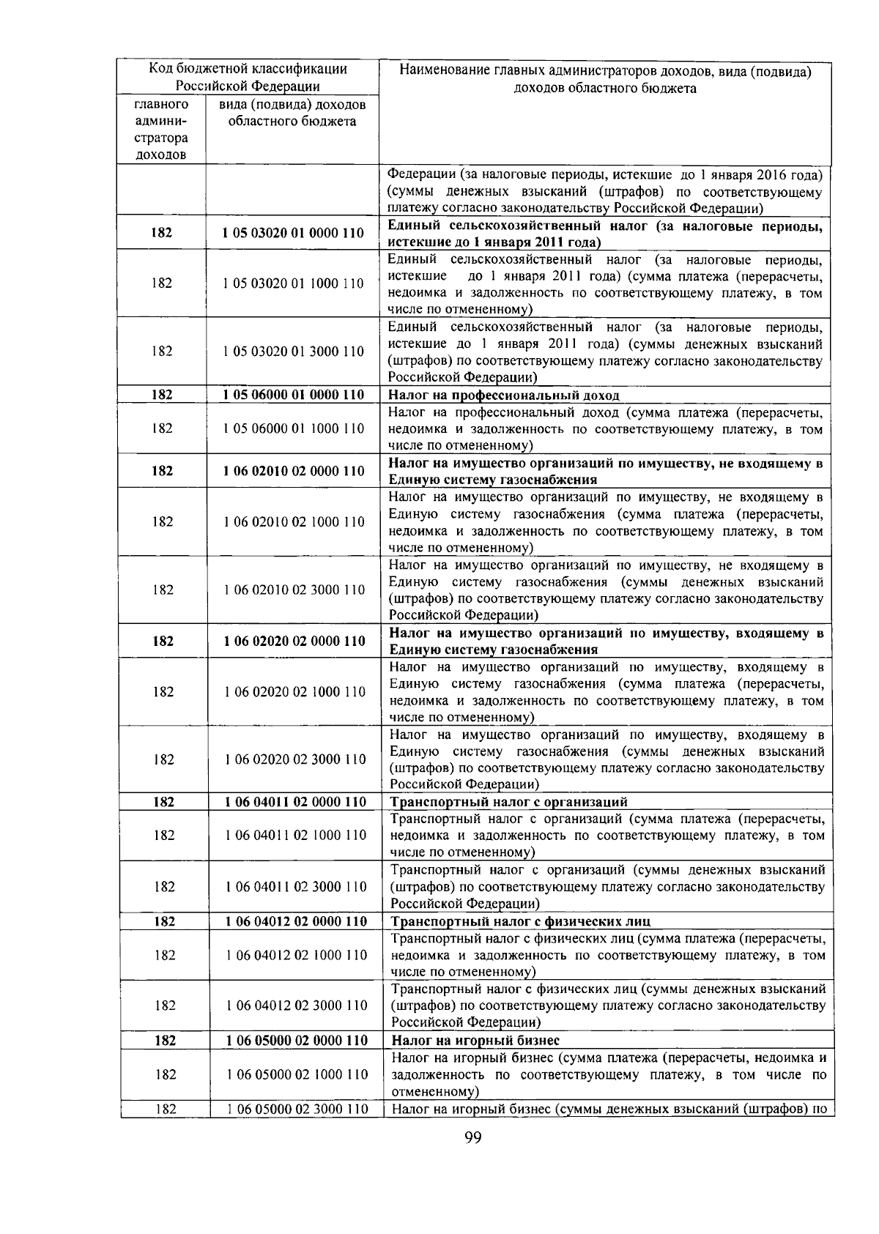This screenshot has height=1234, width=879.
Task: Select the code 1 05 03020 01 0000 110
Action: click(x=294, y=233)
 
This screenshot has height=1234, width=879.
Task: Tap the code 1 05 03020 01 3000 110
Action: click(x=294, y=352)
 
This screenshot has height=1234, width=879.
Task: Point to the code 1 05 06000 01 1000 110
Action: click(x=294, y=428)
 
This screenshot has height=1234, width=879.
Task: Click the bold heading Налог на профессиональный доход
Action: click(x=503, y=395)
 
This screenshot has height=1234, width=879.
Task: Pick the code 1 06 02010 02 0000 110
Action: click(x=294, y=471)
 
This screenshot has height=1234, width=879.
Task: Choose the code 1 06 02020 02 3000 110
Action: click(x=296, y=759)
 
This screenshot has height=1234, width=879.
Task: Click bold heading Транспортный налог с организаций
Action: click(x=509, y=802)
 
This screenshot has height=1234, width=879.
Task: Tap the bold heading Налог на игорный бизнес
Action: click(x=475, y=1041)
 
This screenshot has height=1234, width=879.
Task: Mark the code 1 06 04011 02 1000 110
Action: click(x=296, y=836)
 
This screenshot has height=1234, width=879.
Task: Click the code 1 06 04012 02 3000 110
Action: click(x=297, y=1006)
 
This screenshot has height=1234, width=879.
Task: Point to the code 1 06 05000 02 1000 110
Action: click(x=297, y=1074)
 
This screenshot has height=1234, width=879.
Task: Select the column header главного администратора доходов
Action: click(x=161, y=130)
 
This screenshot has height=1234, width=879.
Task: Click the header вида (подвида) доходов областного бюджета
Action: click(x=292, y=114)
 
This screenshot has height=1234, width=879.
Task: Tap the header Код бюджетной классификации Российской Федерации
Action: click(x=248, y=78)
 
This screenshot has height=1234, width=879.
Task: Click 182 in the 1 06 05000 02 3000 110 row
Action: click(x=166, y=1109)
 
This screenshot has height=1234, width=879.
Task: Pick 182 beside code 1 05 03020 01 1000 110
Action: click(x=162, y=283)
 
